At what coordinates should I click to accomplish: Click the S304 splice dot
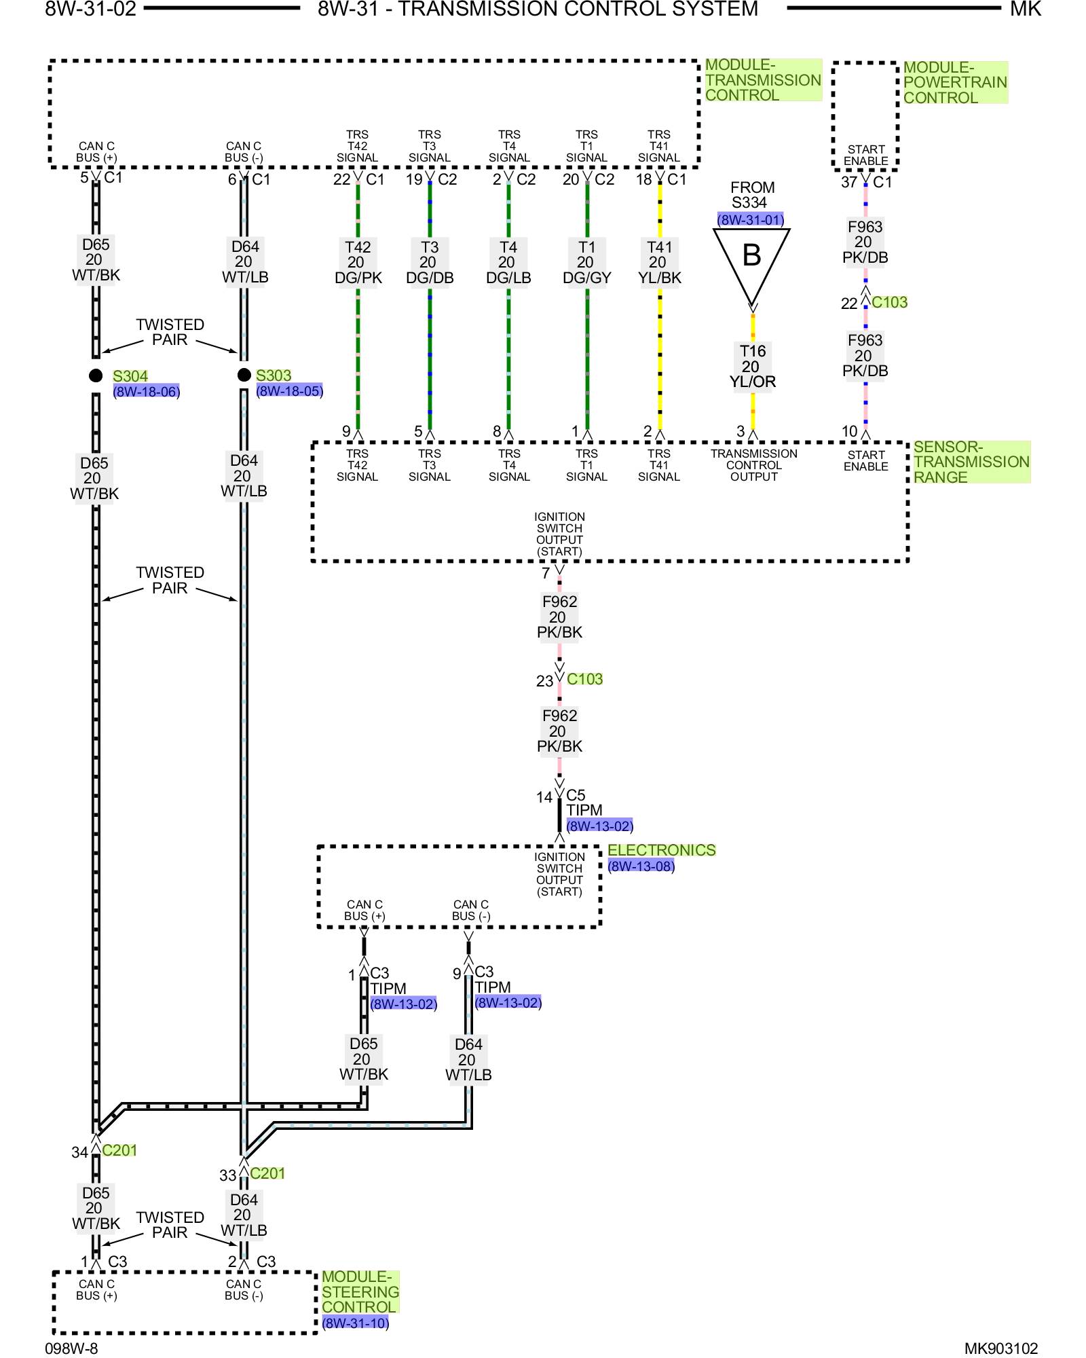tap(96, 375)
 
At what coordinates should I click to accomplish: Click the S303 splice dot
tap(244, 375)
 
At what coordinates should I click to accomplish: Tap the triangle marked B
tap(751, 261)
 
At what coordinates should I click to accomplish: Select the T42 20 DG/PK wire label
tap(358, 263)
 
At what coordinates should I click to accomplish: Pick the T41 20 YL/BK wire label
tap(659, 263)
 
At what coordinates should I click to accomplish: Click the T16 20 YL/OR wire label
tap(752, 367)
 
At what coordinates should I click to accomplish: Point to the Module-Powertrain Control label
tap(954, 83)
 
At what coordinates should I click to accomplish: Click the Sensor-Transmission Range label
tap(971, 462)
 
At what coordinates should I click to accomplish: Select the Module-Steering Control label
tap(360, 1292)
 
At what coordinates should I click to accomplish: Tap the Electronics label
tap(661, 850)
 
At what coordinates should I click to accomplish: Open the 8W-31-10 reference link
tap(356, 1323)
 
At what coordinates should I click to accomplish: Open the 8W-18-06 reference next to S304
tap(147, 392)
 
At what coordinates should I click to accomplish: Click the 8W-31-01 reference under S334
tap(751, 220)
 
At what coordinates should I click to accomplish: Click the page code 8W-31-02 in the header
tap(90, 10)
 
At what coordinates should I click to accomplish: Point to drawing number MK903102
tap(1000, 1348)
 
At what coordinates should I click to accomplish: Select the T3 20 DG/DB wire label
tap(430, 263)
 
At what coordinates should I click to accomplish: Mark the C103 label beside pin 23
tap(584, 679)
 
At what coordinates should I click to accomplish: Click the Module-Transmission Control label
tap(763, 80)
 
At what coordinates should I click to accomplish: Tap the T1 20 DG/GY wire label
tap(586, 263)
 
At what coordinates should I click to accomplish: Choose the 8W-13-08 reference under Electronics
tap(641, 866)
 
